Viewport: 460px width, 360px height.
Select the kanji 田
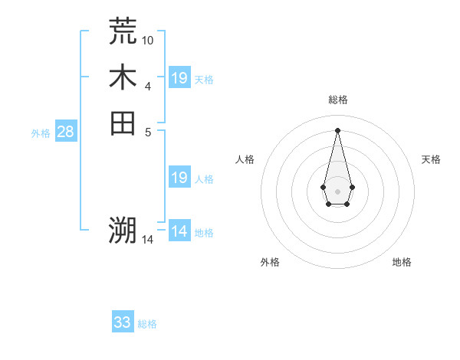[123, 123]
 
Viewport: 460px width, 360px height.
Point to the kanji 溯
[123, 231]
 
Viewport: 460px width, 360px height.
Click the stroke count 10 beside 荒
[148, 40]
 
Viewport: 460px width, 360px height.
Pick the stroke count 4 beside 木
[148, 86]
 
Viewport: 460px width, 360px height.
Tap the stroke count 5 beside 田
[148, 131]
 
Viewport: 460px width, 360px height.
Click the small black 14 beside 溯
[148, 239]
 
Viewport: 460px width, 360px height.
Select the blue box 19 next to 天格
[179, 77]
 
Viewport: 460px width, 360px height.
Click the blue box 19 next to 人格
[179, 178]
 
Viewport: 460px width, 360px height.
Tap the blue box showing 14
[179, 231]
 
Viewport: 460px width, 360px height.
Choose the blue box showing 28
[65, 132]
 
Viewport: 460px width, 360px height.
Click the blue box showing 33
[123, 322]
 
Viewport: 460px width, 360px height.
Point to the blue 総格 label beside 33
[147, 324]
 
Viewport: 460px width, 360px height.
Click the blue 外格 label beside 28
[41, 133]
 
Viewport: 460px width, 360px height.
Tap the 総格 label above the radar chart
[337, 100]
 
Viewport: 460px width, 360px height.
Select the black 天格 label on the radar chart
[431, 159]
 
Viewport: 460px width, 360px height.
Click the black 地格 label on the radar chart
[402, 262]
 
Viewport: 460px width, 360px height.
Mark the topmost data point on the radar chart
[337, 129]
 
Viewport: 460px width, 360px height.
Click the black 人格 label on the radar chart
[245, 159]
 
